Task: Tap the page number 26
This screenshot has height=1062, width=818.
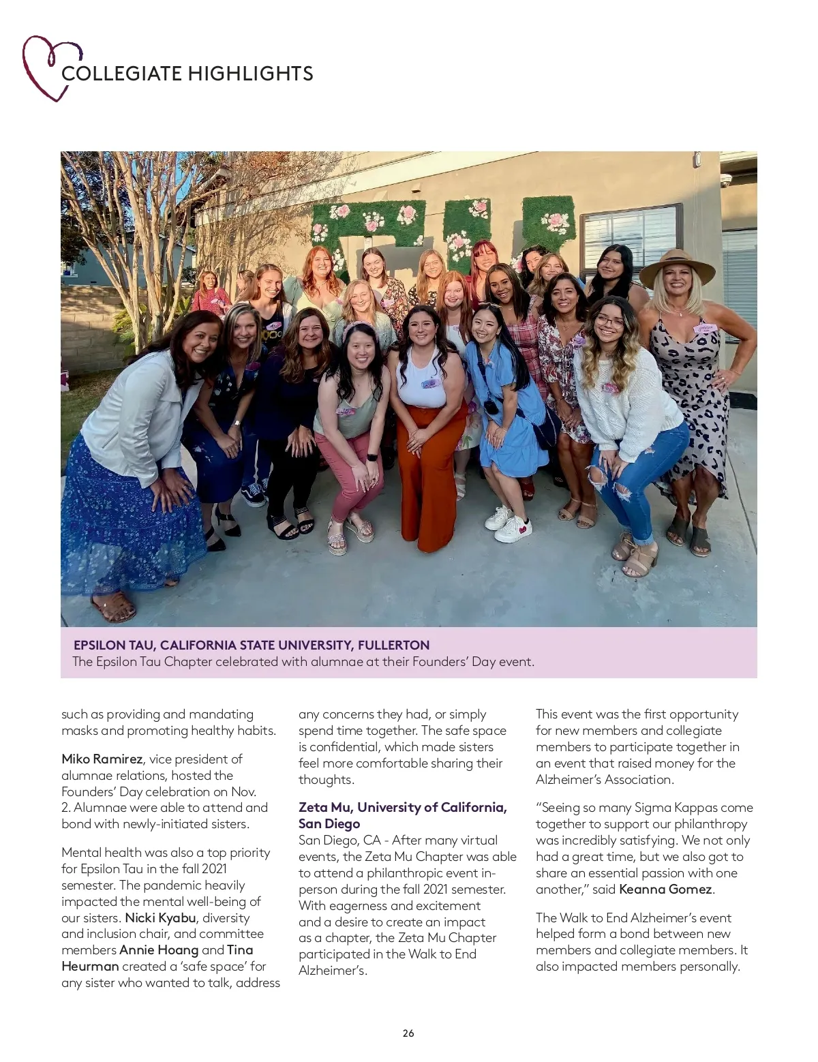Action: coord(408,1033)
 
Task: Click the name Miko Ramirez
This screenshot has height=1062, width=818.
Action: coord(102,759)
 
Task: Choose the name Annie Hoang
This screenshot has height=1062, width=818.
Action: coord(159,950)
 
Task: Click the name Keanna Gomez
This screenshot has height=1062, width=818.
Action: coord(665,890)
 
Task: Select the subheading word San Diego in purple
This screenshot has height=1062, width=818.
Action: coord(329,824)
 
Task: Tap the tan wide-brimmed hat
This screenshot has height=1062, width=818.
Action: coord(677,264)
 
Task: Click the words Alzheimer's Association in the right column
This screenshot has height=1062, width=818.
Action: coord(604,780)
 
